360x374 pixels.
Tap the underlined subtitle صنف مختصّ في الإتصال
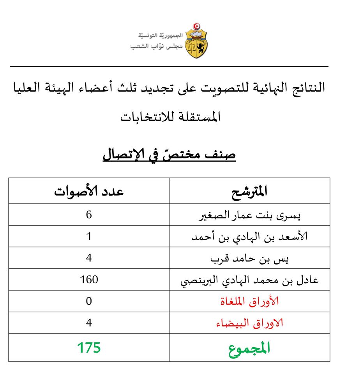pos(169,155)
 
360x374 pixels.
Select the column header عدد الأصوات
pos(89,191)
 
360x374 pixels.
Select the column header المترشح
pos(249,192)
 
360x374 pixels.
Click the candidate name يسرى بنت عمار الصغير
pos(250,215)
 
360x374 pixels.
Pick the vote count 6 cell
pos(89,215)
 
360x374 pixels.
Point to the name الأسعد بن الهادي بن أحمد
pos(250,236)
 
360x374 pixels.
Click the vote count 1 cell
pos(89,236)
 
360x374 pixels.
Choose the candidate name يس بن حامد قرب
pos(250,258)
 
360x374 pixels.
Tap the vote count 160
pos(89,280)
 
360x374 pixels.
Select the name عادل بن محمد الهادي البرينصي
pos(250,280)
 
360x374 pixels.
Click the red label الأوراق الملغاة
pos(250,302)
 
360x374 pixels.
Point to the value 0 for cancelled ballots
pos(89,302)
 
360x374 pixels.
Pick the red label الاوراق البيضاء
pos(250,323)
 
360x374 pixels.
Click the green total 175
pos(89,347)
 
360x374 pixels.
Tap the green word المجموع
pos(250,348)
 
